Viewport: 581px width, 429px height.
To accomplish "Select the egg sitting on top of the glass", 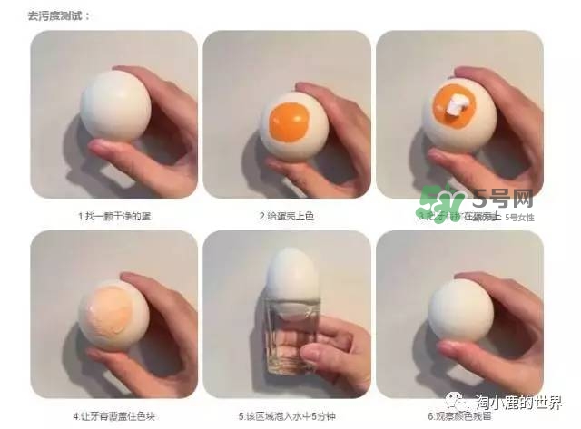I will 291,281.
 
